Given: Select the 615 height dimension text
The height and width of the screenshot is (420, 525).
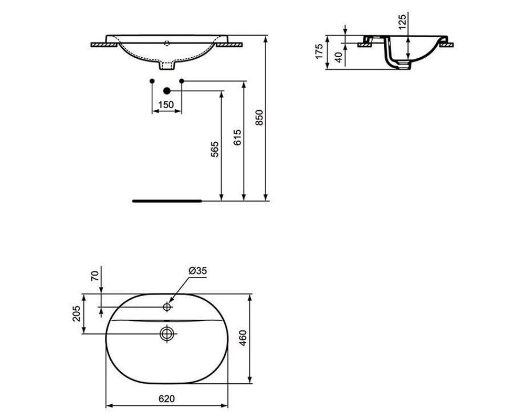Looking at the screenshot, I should point(237,140).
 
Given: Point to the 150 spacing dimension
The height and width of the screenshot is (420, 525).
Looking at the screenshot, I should point(166,105).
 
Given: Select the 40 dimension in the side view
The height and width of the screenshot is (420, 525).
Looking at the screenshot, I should point(339,57).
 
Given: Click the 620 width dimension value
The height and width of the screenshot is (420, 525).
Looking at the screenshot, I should point(166,399).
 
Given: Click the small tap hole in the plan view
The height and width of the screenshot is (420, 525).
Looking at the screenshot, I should point(167,306).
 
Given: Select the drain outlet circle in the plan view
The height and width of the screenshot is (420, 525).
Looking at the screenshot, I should point(167,333).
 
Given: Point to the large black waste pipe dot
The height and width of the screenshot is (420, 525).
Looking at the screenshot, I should point(167,90).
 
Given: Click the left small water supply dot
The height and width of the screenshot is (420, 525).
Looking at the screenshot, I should point(152,81).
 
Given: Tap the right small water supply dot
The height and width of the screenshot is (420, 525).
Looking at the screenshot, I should point(182,81).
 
